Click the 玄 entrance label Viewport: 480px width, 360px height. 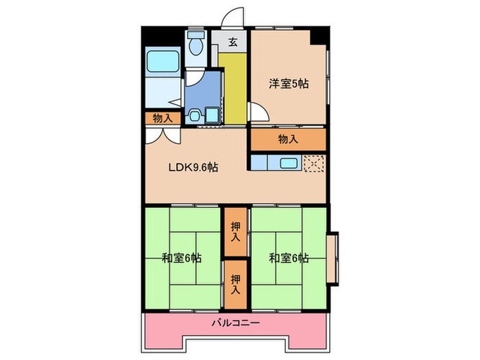(x=232, y=43)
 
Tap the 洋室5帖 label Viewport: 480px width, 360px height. (x=288, y=84)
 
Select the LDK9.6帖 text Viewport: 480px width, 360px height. (x=194, y=167)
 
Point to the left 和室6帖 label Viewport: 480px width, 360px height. (x=182, y=259)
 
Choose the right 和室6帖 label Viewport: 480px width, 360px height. (x=288, y=259)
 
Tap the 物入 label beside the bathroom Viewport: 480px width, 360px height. (x=163, y=119)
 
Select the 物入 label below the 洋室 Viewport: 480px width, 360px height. (x=288, y=139)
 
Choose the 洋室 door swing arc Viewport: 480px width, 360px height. (x=256, y=112)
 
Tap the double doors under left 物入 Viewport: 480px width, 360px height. (x=162, y=134)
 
